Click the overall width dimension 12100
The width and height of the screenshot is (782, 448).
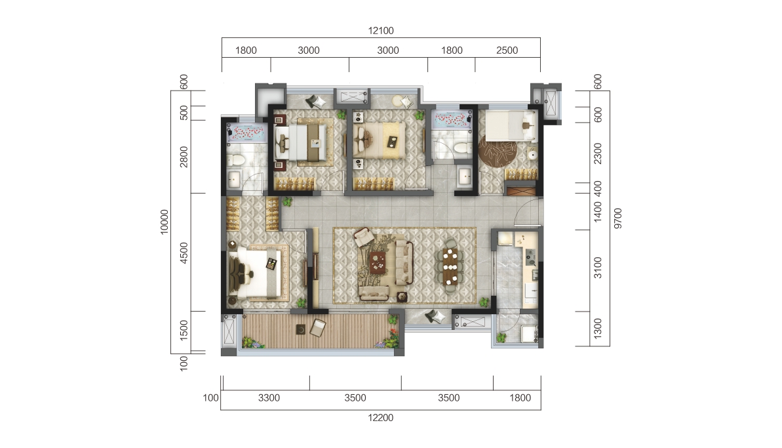(381, 30)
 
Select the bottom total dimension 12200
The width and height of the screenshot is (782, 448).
(381, 418)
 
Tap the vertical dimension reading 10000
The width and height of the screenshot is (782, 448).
(165, 222)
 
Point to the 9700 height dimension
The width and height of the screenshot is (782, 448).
(618, 218)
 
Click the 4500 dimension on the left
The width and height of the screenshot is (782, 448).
(184, 253)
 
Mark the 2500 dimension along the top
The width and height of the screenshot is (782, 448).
(507, 51)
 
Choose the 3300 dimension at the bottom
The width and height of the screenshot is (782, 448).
(269, 397)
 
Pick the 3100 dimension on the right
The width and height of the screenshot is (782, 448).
(597, 268)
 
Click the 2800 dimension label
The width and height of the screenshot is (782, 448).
(184, 157)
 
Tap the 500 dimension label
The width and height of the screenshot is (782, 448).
(184, 113)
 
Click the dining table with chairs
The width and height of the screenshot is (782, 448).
(450, 266)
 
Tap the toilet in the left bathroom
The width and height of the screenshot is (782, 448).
(235, 159)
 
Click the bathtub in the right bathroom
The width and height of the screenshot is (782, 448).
(452, 120)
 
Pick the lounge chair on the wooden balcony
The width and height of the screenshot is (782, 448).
(318, 328)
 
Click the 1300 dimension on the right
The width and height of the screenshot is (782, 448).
(597, 328)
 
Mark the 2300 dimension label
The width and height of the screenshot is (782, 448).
(597, 153)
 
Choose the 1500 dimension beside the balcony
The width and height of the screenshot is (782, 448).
(184, 331)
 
